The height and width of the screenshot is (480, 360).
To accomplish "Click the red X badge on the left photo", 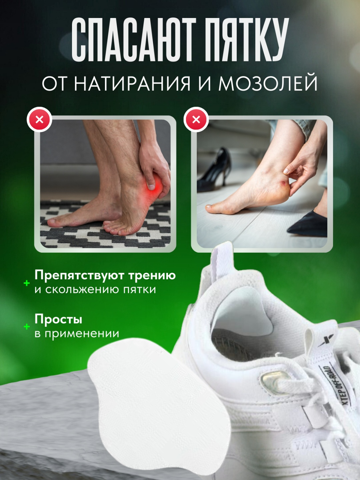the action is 39,120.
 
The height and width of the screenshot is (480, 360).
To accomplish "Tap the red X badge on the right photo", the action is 196,120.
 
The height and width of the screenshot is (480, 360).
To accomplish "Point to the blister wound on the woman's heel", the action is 284,183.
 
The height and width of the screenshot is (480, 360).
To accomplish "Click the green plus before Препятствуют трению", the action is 27,283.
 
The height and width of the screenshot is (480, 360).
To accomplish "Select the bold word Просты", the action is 58,320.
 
